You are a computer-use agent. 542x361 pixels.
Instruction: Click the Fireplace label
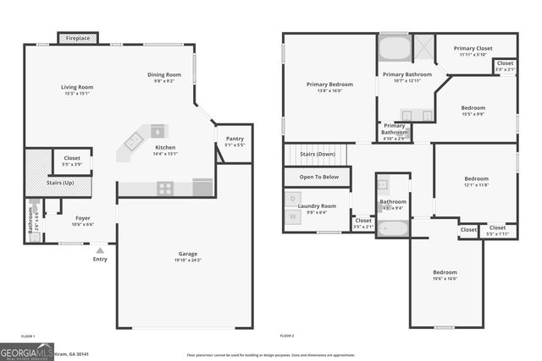(x=79, y=38)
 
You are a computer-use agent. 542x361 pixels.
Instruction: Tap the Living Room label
(x=76, y=87)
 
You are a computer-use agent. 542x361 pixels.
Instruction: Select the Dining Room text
(x=165, y=74)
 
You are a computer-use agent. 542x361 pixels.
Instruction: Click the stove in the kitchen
(x=164, y=188)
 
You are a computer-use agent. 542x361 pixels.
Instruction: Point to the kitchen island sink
(x=157, y=130)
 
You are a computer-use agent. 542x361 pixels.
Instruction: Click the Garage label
(x=188, y=254)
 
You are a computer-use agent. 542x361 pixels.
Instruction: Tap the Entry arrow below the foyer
(x=100, y=250)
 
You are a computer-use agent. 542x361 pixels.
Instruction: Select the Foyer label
(x=82, y=217)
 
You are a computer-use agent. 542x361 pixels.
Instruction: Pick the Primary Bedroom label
(x=329, y=85)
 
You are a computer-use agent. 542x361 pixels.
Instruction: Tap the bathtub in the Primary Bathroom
(x=393, y=48)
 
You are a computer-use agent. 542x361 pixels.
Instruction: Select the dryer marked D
(x=294, y=200)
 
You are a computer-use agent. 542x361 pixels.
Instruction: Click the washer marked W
(x=294, y=217)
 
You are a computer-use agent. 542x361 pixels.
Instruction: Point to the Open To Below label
(x=318, y=177)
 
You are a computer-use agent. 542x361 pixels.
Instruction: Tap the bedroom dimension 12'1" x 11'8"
(x=476, y=184)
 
